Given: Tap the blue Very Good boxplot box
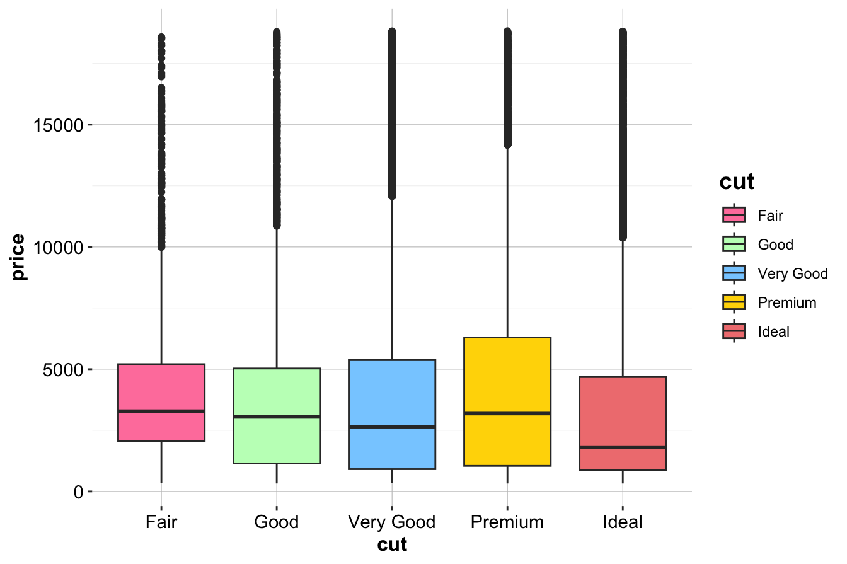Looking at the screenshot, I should pyautogui.click(x=392, y=391).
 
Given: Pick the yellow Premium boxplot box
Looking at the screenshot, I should pyautogui.click(x=507, y=378).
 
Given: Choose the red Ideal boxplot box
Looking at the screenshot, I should pyautogui.click(x=623, y=410).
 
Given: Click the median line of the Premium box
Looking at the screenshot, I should pyautogui.click(x=507, y=413).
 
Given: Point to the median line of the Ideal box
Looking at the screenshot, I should pyautogui.click(x=623, y=447).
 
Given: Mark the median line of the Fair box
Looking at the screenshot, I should pyautogui.click(x=161, y=411).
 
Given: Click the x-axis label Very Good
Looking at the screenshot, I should pyautogui.click(x=392, y=522).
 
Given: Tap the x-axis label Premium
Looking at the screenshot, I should pyautogui.click(x=507, y=522).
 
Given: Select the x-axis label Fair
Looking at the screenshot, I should pyautogui.click(x=161, y=522).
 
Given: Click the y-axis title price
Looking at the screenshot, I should pyautogui.click(x=18, y=257).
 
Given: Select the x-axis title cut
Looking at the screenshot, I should pyautogui.click(x=392, y=544).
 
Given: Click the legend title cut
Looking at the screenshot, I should pyautogui.click(x=737, y=182).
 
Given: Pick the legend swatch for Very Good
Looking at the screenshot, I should pyautogui.click(x=734, y=273).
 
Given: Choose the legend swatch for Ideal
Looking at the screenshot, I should pyautogui.click(x=734, y=331).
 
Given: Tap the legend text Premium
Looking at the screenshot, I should pyautogui.click(x=787, y=302).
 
